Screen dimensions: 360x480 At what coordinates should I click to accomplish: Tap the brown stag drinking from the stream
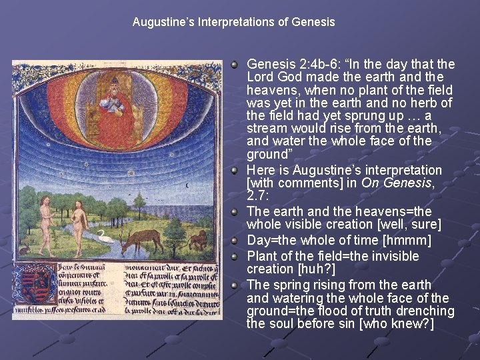pyautogui.click(x=143, y=237)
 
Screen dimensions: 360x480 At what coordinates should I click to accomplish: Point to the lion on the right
pyautogui.click(x=197, y=239)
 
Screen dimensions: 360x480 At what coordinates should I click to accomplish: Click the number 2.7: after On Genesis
pyautogui.click(x=259, y=196)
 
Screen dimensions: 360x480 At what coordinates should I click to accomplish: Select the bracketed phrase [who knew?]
pyautogui.click(x=403, y=324)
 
